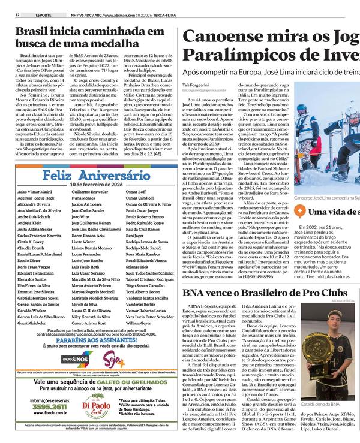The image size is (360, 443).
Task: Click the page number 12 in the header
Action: [18, 14]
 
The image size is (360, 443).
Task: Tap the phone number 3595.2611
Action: [41, 406]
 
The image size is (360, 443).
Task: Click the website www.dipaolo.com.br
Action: [41, 412]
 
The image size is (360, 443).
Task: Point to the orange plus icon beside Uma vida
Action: [302, 211]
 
